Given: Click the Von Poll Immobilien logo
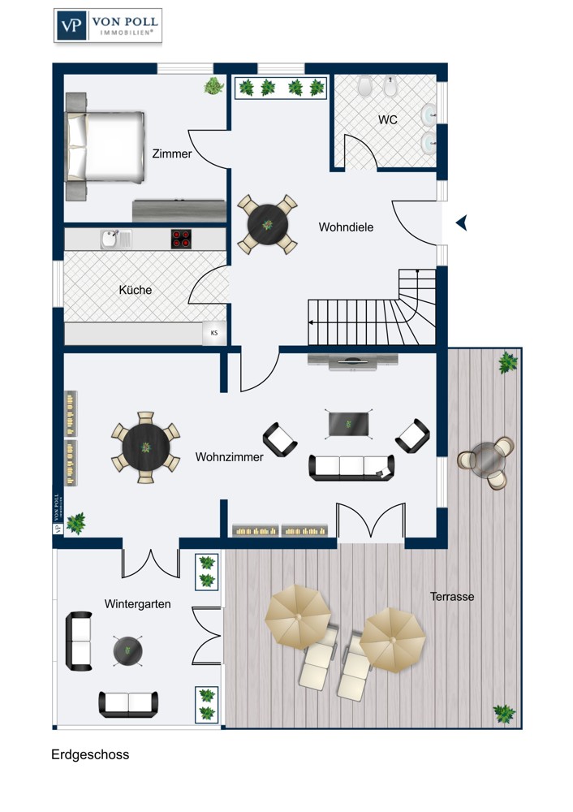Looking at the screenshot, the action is [x=108, y=25].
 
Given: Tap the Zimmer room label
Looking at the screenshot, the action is [x=172, y=153].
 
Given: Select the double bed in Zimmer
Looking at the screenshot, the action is [x=105, y=146].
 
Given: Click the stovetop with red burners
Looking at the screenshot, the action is [x=181, y=240].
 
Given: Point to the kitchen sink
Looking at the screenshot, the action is [x=116, y=240].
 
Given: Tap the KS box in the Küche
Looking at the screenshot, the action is [x=214, y=333].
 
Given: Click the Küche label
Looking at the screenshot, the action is [x=135, y=290].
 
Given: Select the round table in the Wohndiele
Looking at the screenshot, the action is [x=268, y=225].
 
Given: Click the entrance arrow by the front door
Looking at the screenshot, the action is [x=461, y=222].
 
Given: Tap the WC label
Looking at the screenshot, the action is [x=388, y=119].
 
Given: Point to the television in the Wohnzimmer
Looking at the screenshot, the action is [x=353, y=361].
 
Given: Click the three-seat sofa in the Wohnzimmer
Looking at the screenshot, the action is [x=351, y=467].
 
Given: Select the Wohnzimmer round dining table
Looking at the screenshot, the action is [x=146, y=447].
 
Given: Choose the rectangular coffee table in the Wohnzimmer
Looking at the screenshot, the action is [x=349, y=424].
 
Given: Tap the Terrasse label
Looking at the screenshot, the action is [x=452, y=597].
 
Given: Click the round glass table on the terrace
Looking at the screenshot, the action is [x=486, y=459].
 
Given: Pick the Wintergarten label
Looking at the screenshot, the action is [x=138, y=604].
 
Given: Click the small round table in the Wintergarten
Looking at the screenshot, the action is [x=127, y=651].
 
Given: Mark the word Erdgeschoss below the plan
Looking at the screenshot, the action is [x=90, y=754].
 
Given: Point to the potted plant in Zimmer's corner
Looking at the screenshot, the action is [x=213, y=85].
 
